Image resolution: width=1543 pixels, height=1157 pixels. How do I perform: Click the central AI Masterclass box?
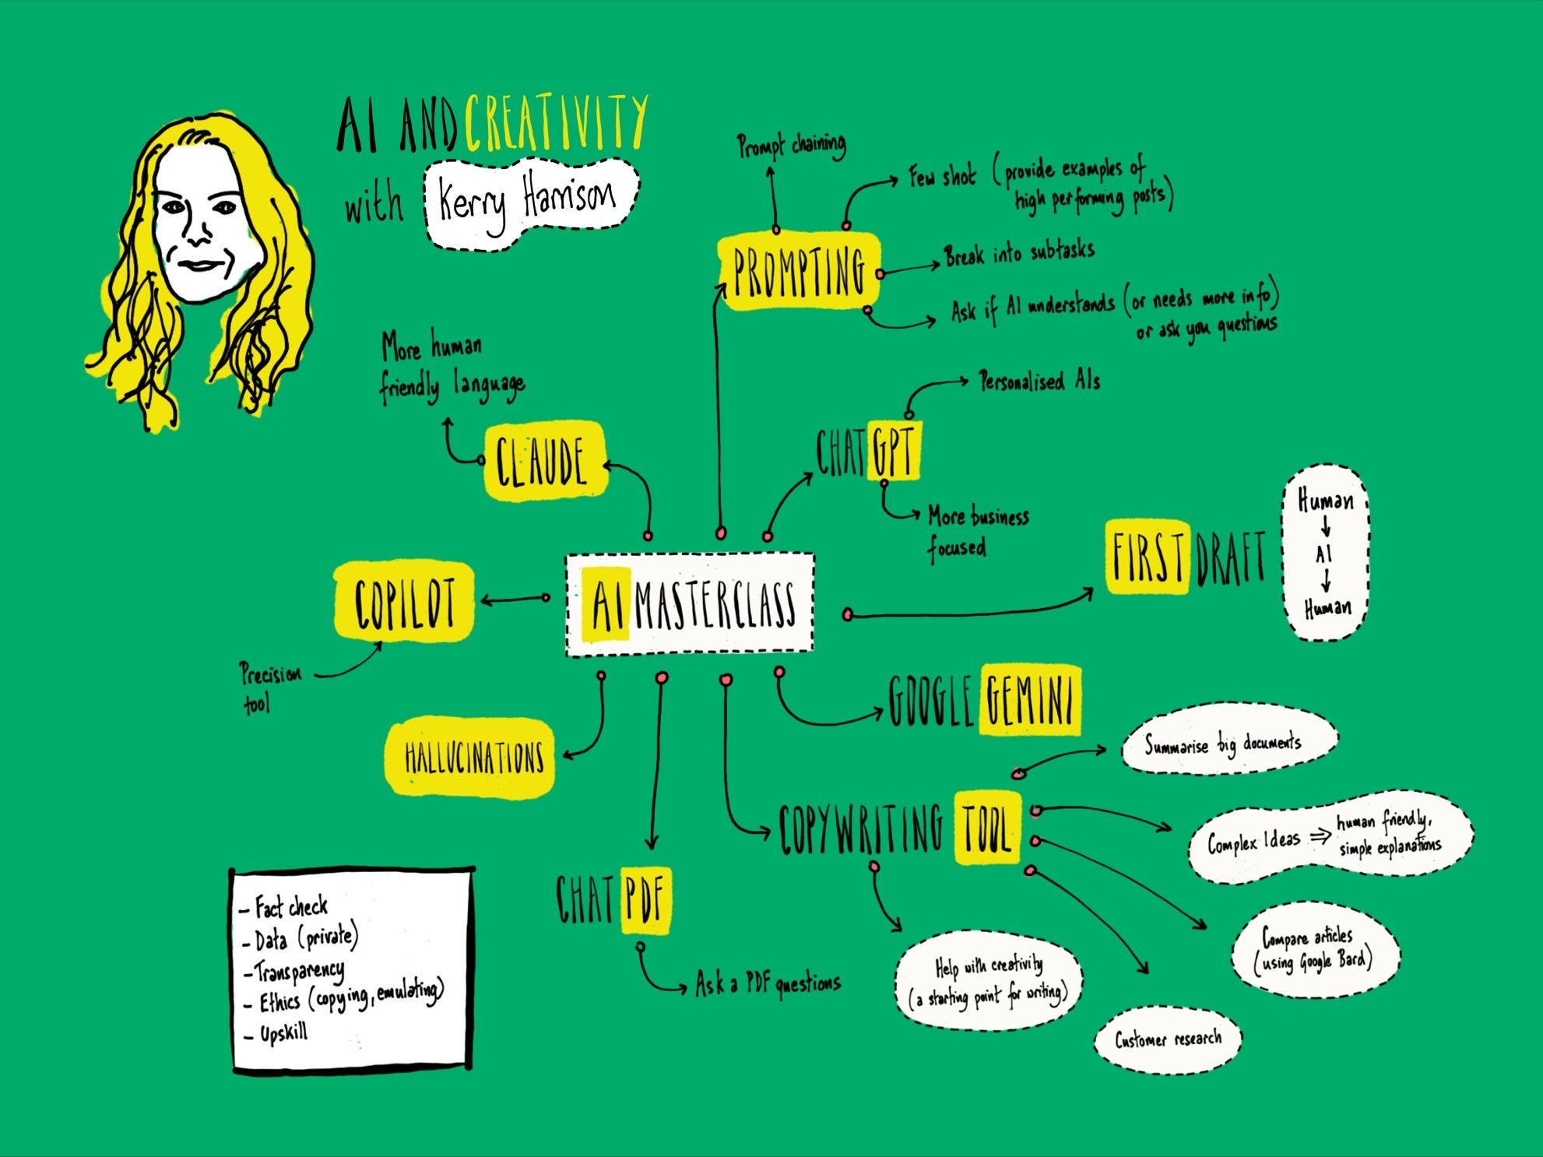(x=690, y=605)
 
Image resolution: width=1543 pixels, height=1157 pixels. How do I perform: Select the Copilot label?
(x=403, y=601)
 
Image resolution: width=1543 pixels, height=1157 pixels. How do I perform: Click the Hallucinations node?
(x=473, y=758)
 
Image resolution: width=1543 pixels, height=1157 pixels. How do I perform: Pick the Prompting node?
(x=799, y=271)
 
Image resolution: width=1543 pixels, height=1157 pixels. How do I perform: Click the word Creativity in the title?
(x=556, y=124)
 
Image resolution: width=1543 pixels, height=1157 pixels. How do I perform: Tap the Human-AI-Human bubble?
(x=1325, y=554)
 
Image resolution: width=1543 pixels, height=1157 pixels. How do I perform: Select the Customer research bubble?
(x=1167, y=1039)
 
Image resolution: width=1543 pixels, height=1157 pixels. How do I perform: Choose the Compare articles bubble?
(x=1313, y=951)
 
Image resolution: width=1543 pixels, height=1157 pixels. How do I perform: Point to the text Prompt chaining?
(x=791, y=146)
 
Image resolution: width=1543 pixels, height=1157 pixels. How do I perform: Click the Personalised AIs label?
(x=1039, y=382)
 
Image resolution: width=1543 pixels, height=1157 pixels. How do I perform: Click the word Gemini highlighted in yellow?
(x=1029, y=699)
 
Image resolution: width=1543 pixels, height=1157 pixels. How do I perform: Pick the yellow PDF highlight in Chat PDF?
(x=645, y=899)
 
